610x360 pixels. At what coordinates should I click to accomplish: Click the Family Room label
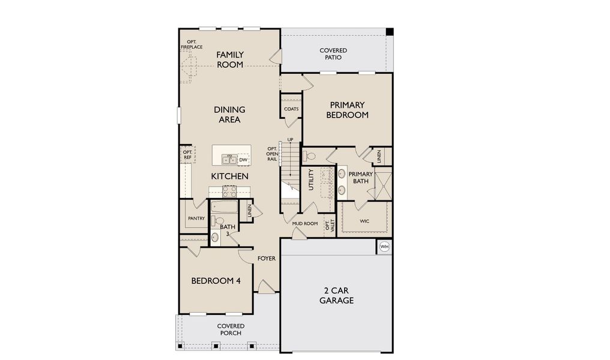[229, 59]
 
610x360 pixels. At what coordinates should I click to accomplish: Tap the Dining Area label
[229, 115]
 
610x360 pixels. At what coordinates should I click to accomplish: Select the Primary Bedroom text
[347, 110]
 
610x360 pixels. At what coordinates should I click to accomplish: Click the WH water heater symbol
[384, 247]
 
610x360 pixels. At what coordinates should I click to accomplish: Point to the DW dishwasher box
[243, 160]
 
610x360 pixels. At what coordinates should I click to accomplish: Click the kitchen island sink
[229, 159]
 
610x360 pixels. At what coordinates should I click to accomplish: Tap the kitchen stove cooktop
[229, 191]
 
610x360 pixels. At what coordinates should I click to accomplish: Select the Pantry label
[196, 218]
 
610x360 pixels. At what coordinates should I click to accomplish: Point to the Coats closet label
[291, 109]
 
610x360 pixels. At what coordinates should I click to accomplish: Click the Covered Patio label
[333, 54]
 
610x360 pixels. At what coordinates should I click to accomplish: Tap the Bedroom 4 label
[216, 281]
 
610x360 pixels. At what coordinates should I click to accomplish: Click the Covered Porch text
[231, 330]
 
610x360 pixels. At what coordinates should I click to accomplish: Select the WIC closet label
[364, 221]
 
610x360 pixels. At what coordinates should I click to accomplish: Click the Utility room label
[311, 179]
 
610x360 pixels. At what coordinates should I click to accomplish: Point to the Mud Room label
[304, 223]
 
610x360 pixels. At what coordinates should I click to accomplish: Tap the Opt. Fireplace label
[192, 44]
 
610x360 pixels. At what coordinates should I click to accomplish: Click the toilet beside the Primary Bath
[310, 156]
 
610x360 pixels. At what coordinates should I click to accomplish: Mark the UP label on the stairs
[290, 140]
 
